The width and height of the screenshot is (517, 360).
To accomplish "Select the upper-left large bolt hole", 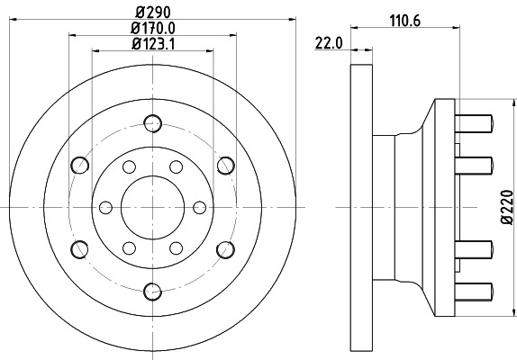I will click(x=79, y=165).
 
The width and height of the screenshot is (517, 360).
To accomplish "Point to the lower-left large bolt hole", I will click(x=79, y=248).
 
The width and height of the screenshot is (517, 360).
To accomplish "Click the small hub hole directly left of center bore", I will click(x=104, y=206).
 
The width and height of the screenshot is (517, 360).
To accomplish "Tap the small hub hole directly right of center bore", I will click(x=200, y=206).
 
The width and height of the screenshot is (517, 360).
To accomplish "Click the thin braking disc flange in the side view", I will click(x=359, y=206).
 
